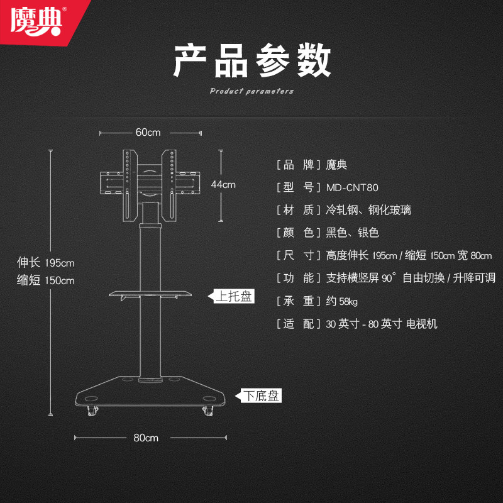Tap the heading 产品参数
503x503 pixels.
(x=251, y=61)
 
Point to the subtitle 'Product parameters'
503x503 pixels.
(x=251, y=91)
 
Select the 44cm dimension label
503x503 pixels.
(x=223, y=184)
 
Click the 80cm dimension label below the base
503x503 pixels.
(x=146, y=438)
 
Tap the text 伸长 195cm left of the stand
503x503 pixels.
(x=46, y=263)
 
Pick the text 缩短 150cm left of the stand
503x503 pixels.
(x=46, y=280)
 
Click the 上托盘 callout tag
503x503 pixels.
(x=233, y=297)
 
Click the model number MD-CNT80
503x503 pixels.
(x=352, y=187)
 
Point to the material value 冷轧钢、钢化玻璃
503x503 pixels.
(x=368, y=210)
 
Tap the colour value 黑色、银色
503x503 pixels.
(x=352, y=233)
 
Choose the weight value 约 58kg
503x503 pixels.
(x=342, y=301)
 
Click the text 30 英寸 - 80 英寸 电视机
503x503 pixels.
(x=382, y=324)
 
